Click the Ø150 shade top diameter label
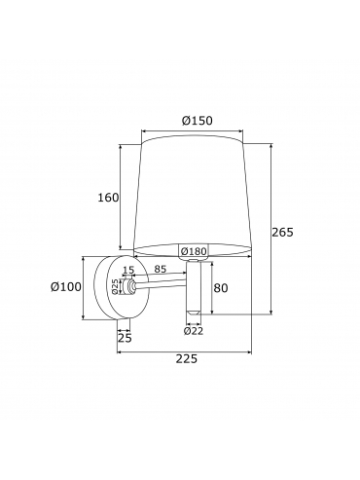point(198,121)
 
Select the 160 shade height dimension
point(108,198)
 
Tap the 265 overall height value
point(282,233)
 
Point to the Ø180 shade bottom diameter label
point(194,251)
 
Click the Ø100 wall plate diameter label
point(66,287)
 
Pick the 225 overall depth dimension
point(187,359)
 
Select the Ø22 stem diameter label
point(194,331)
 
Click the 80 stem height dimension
point(221,288)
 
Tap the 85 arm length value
point(161,269)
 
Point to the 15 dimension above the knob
point(128,270)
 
